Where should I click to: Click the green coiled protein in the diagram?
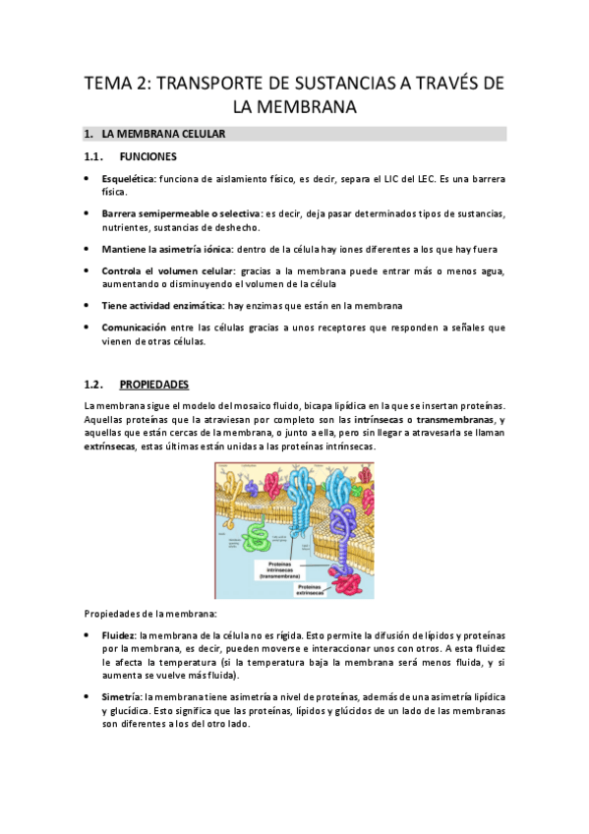259,535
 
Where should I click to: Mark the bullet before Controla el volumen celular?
88,270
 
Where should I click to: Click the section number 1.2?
94,384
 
